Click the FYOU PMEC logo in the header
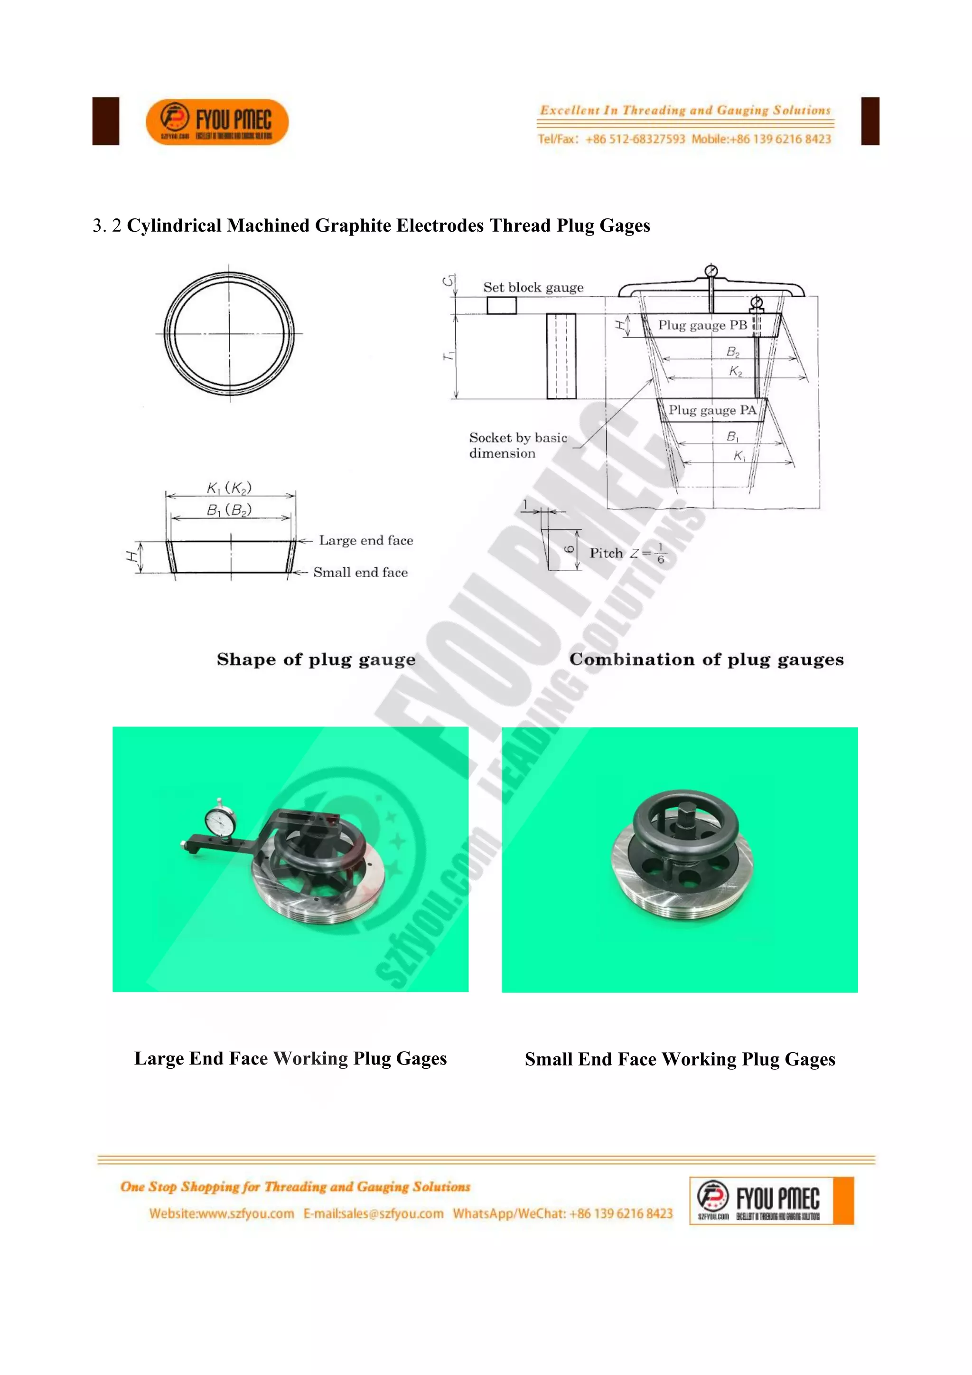[x=217, y=122]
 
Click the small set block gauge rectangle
[x=501, y=305]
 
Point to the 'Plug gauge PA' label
[x=711, y=410]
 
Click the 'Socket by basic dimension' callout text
[x=517, y=445]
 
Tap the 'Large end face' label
[x=366, y=541]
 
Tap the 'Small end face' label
[x=360, y=573]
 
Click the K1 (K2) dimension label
[x=229, y=488]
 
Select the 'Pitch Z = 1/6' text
[x=626, y=553]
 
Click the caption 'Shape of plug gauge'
[x=316, y=659]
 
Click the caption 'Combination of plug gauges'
[x=706, y=659]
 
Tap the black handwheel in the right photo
[x=685, y=818]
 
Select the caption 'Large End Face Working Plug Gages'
[x=290, y=1058]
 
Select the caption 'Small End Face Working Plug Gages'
[x=680, y=1059]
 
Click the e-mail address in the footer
[x=374, y=1213]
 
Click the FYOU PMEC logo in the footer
[x=771, y=1200]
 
